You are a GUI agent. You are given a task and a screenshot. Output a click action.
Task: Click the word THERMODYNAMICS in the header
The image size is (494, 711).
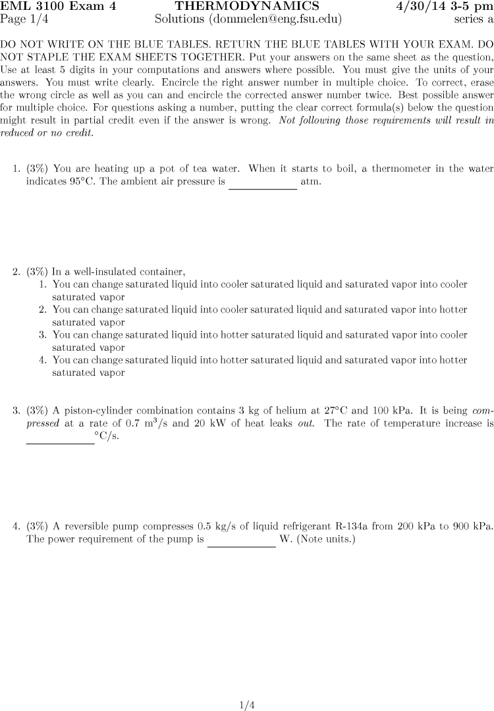point(247,7)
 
